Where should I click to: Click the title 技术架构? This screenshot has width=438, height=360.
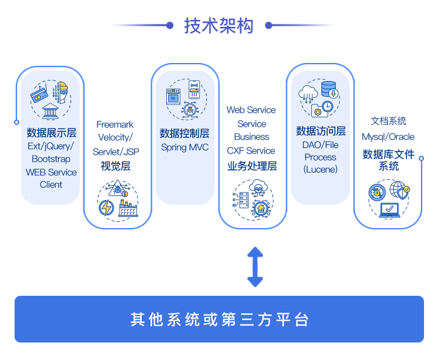coord(219,26)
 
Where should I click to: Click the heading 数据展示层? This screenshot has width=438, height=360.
coord(51,132)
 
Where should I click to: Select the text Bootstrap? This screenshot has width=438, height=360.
coord(51,159)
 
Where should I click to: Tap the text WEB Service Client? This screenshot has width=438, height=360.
coord(51,178)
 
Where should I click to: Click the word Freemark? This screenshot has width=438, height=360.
coord(115,124)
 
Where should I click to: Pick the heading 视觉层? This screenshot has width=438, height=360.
coord(115,166)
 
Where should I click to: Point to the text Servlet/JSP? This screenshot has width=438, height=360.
coord(116,152)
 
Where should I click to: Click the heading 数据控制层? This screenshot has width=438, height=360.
coord(184,134)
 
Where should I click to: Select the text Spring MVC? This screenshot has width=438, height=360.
coord(184,147)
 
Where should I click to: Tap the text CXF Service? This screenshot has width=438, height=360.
coord(251,151)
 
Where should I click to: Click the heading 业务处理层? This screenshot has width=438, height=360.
coord(252,166)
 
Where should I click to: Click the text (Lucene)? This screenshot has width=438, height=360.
coord(320,169)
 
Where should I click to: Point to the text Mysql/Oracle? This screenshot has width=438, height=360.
coord(388,137)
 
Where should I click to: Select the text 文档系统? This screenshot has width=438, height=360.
coord(388,121)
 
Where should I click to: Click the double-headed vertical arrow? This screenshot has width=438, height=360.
coord(255,267)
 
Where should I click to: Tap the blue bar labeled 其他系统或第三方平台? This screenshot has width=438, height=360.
coord(219,319)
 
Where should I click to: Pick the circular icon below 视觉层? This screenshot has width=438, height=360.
coord(118,200)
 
